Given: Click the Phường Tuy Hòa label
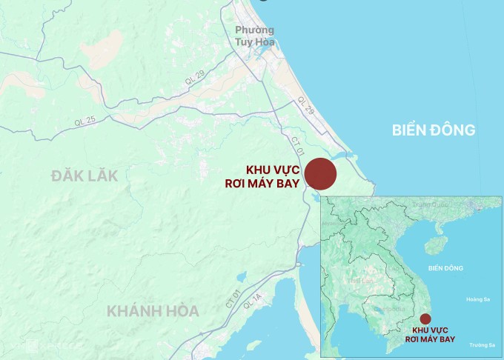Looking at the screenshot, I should pos(254,36).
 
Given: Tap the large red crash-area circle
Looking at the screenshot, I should pos(321,174).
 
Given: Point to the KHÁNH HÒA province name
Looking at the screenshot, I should pos(153,311).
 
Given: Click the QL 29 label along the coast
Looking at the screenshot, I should pos(305,104).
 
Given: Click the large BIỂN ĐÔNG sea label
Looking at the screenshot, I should pos(434,130).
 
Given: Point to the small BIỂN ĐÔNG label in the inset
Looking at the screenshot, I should pos(445,268).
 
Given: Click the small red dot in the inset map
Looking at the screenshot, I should pos(425,319).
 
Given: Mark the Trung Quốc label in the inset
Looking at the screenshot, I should pos(431,204).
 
